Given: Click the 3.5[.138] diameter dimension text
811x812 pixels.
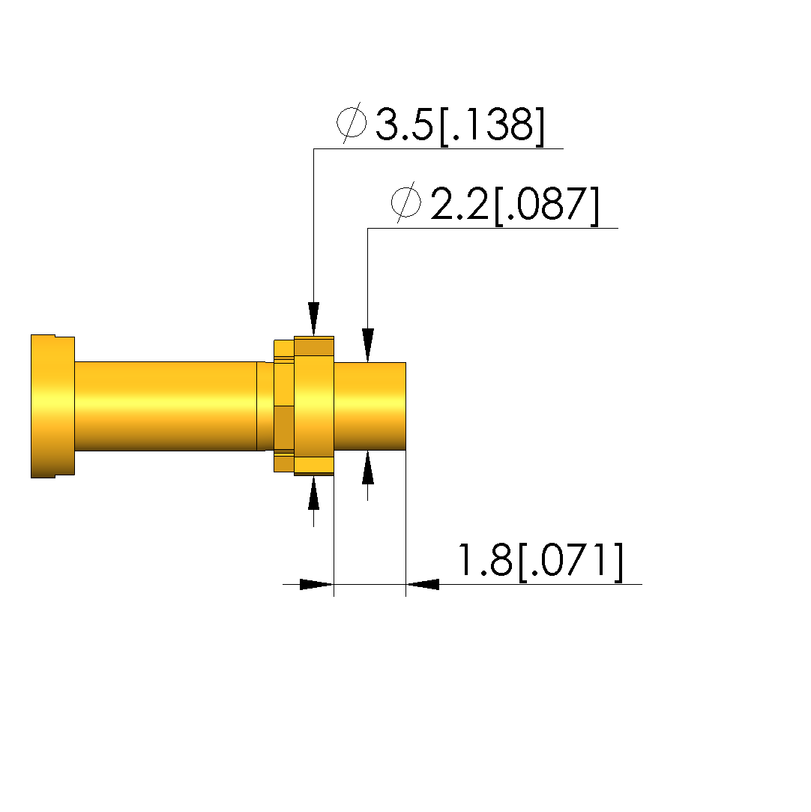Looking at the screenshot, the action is tap(459, 125).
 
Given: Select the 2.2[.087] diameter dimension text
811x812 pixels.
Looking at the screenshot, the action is tap(514, 205).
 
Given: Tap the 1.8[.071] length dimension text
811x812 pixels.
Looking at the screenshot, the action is tap(540, 560).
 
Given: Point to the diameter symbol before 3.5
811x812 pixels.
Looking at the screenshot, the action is tap(352, 122).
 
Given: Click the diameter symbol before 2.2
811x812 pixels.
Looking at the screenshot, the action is tap(405, 202).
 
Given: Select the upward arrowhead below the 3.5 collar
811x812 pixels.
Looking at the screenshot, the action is tap(313, 493).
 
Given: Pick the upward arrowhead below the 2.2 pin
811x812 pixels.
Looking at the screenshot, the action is tap(367, 467).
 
